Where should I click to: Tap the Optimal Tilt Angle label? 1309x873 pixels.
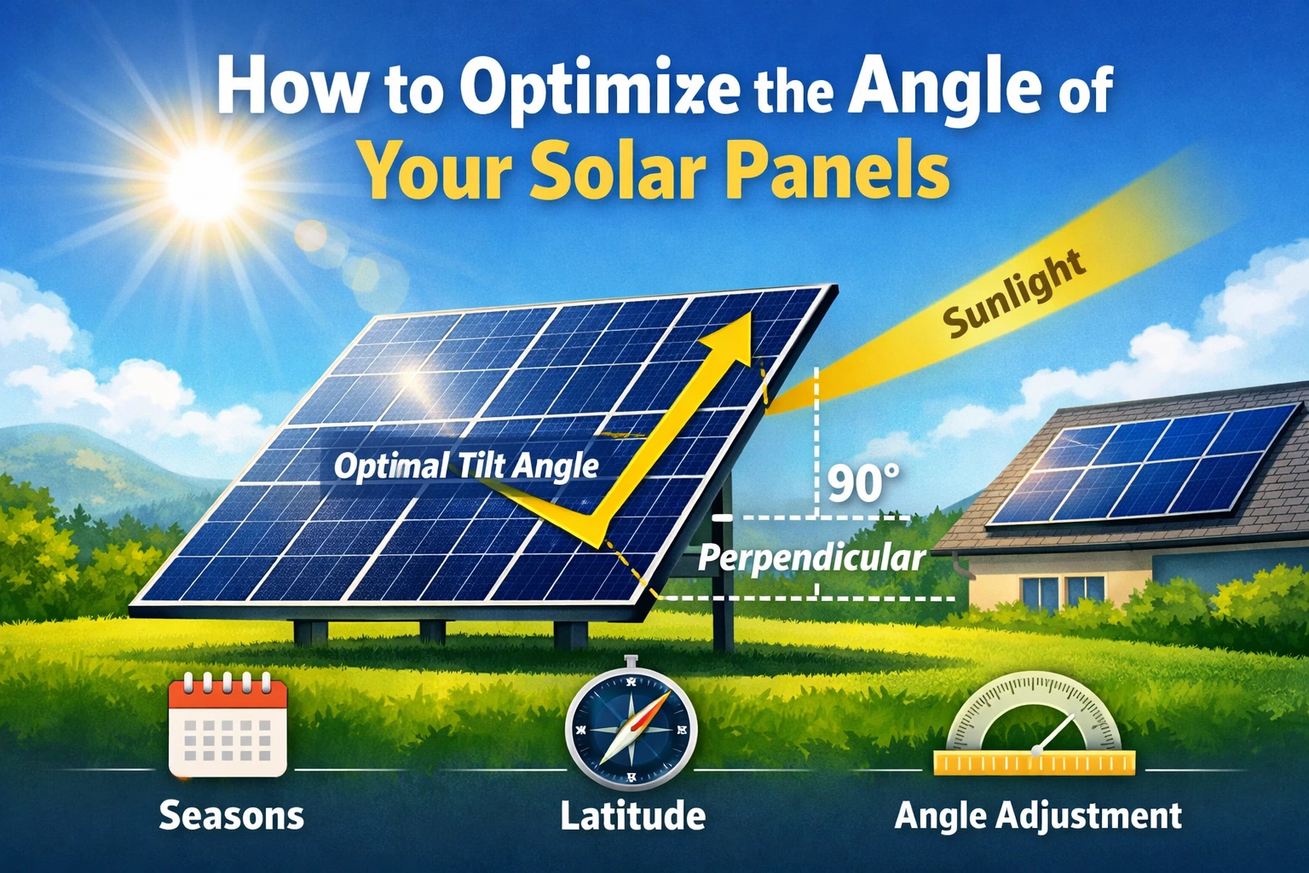click(x=466, y=465)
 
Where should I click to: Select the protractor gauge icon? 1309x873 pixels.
click(x=1035, y=723)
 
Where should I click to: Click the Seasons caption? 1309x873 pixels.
click(x=231, y=816)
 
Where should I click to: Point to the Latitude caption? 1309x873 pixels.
click(x=632, y=816)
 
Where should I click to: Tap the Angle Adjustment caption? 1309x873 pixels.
click(x=1038, y=816)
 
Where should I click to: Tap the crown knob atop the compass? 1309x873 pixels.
click(x=630, y=661)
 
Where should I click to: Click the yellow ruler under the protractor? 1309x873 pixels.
click(x=1035, y=763)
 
